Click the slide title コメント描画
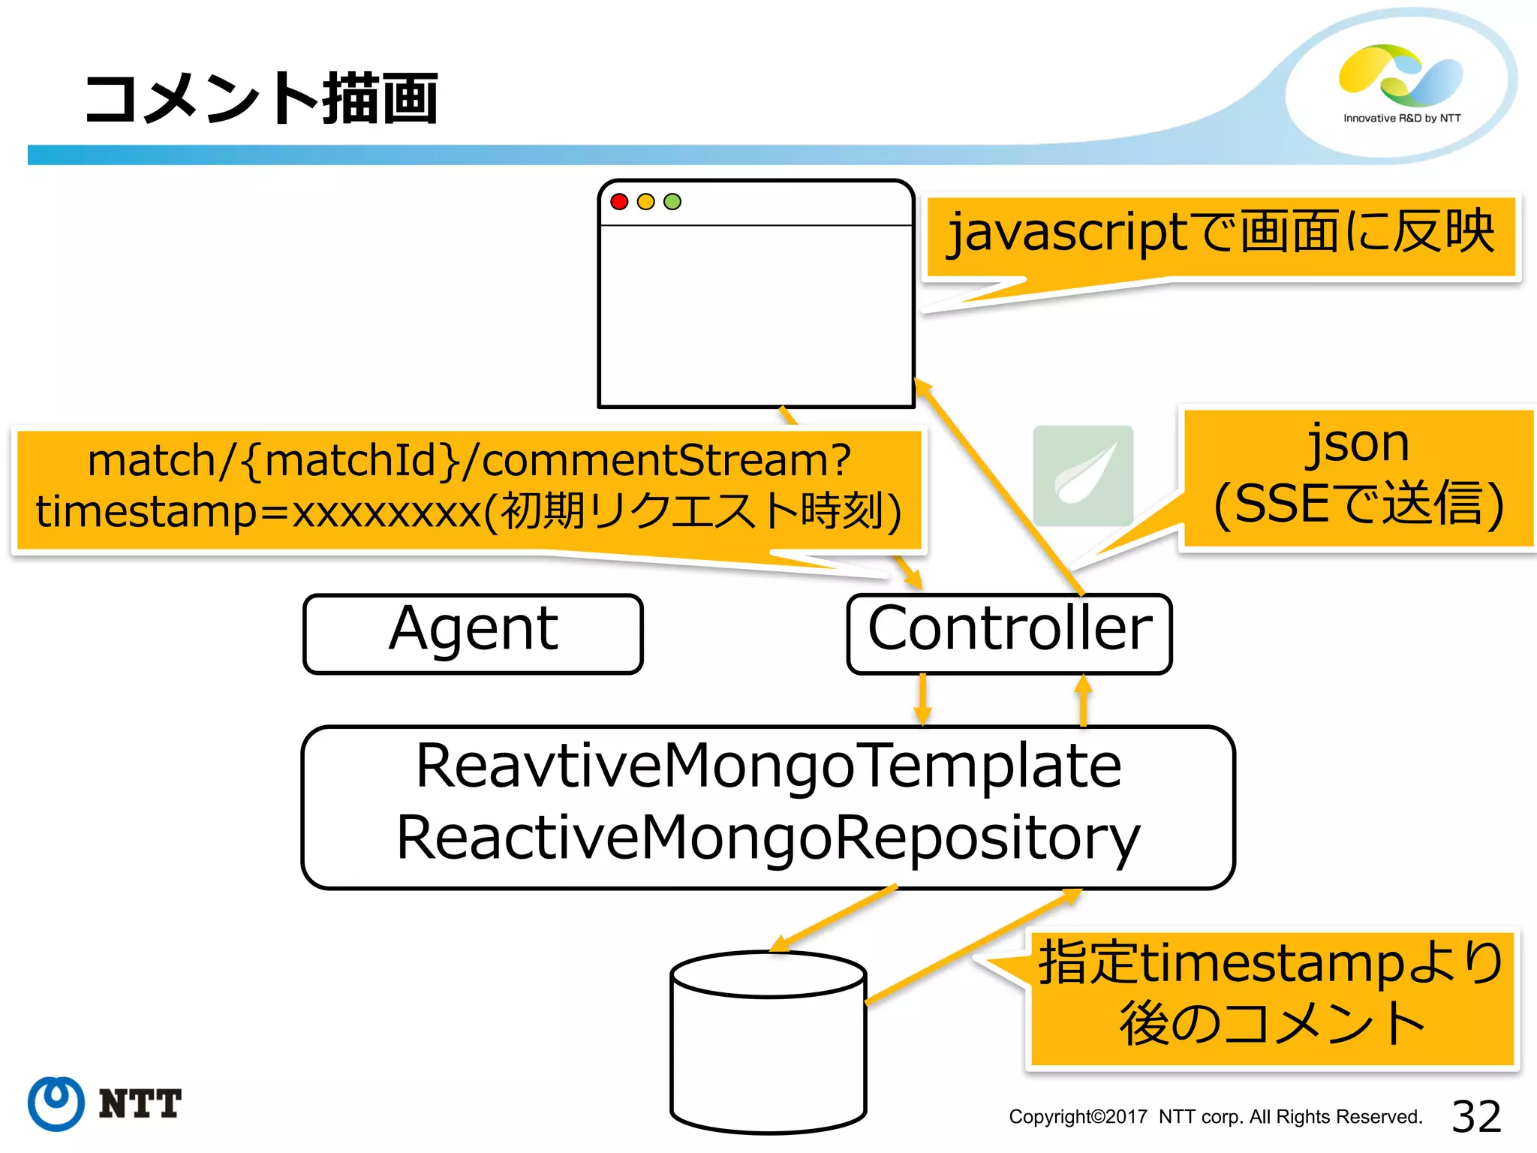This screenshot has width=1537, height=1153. click(x=261, y=98)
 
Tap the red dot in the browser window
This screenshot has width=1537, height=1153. click(x=619, y=201)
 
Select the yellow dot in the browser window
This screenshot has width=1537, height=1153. click(x=645, y=201)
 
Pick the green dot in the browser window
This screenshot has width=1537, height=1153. click(x=672, y=201)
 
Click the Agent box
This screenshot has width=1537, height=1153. click(x=473, y=634)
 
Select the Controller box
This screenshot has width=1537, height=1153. click(x=1009, y=634)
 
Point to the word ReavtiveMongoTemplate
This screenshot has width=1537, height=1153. click(x=768, y=766)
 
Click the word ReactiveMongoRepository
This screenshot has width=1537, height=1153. click(x=768, y=838)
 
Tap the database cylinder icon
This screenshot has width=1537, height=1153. click(x=768, y=1043)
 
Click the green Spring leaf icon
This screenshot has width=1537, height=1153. click(x=1082, y=475)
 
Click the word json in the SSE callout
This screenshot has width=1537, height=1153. click(x=1358, y=443)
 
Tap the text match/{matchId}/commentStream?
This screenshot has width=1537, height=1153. click(x=469, y=459)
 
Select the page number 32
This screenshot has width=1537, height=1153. click(x=1475, y=1116)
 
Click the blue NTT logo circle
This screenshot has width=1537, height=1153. click(x=56, y=1103)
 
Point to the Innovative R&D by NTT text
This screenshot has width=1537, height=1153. click(x=1401, y=118)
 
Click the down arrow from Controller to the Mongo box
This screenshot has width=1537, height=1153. click(x=922, y=700)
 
